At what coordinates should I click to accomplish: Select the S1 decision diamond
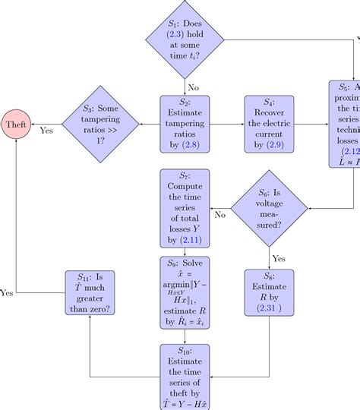pos(185,39)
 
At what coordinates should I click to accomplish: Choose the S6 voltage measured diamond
pos(270,208)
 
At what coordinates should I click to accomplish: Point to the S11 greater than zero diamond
pos(89,292)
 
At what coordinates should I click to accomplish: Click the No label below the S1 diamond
pos(193,87)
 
